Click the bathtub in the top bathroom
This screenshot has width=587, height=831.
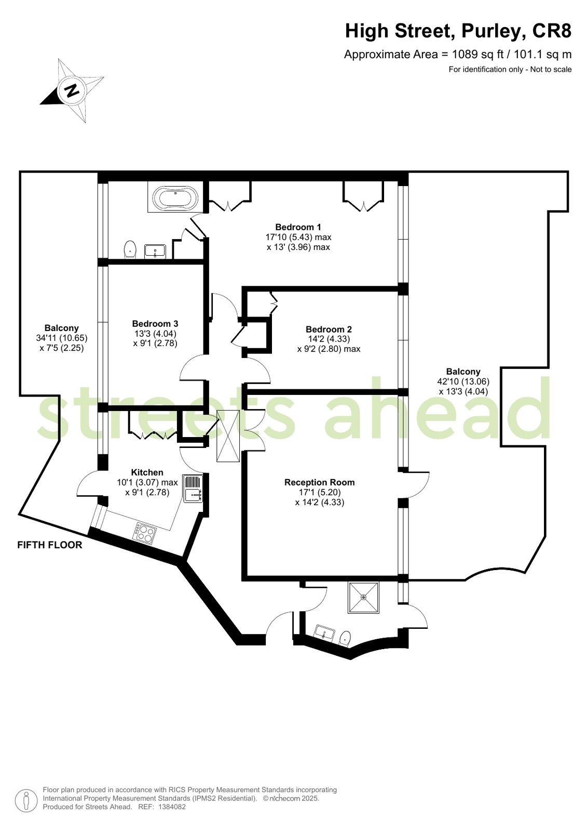(175, 197)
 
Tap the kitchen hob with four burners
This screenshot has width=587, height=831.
(144, 534)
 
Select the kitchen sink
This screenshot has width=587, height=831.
(193, 489)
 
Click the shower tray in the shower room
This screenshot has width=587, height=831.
(363, 597)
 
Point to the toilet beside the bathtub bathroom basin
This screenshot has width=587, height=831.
(130, 249)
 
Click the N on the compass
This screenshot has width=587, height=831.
(72, 90)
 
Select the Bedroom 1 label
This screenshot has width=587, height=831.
(298, 227)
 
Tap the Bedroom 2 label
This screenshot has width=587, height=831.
(329, 329)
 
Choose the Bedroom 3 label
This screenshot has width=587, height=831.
(155, 323)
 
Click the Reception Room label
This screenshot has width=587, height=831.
(319, 482)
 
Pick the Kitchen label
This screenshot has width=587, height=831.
(147, 472)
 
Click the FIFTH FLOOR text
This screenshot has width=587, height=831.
(50, 545)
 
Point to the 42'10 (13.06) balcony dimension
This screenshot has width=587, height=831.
(463, 381)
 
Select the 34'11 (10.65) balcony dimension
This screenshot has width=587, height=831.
(62, 338)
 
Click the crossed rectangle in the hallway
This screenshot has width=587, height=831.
(228, 436)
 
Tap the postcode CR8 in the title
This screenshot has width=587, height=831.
(552, 31)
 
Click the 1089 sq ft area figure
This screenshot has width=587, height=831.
(478, 55)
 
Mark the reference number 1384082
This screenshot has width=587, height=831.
(172, 807)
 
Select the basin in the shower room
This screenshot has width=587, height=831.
(324, 632)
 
